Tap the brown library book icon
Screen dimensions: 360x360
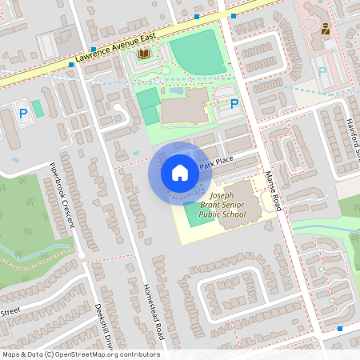(x=144, y=54)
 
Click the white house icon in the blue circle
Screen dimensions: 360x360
(x=180, y=173)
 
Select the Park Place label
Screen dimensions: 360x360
(x=216, y=162)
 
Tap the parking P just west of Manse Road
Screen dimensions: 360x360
(x=234, y=103)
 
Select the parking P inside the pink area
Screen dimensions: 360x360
(x=323, y=71)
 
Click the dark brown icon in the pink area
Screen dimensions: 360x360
(x=326, y=28)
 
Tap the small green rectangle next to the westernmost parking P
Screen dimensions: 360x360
(x=38, y=108)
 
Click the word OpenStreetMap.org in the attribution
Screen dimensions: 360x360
(x=94, y=354)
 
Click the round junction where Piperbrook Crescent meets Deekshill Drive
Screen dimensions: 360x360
(x=82, y=256)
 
